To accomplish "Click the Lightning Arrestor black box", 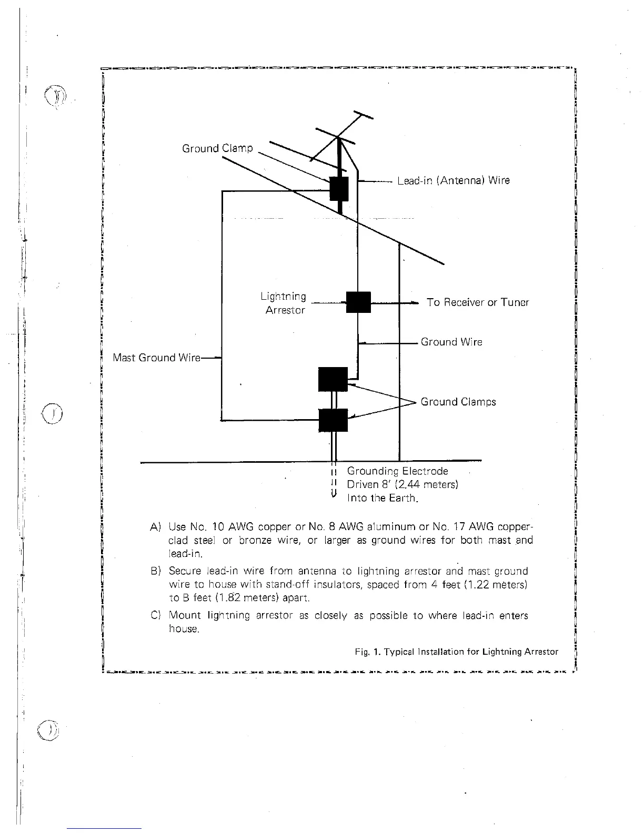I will pyautogui.click(x=358, y=302).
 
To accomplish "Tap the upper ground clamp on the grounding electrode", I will pyautogui.click(x=333, y=379).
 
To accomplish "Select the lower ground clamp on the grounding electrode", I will pyautogui.click(x=333, y=420).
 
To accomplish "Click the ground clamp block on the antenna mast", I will pyautogui.click(x=339, y=189).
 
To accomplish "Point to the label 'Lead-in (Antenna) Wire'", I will pyautogui.click(x=453, y=181).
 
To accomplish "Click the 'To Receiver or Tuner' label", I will pyautogui.click(x=478, y=302).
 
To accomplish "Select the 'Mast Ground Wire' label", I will pyautogui.click(x=157, y=358).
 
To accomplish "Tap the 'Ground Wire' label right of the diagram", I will pyautogui.click(x=451, y=342).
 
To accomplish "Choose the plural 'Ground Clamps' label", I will pyautogui.click(x=458, y=402).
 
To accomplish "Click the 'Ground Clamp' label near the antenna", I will pyautogui.click(x=217, y=148).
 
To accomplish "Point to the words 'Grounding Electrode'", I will pyautogui.click(x=397, y=471).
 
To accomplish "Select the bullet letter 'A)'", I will pyautogui.click(x=155, y=527).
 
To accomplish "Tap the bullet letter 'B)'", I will pyautogui.click(x=155, y=571).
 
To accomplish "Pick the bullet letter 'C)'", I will pyautogui.click(x=155, y=616).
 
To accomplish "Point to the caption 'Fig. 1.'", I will pyautogui.click(x=367, y=652).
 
